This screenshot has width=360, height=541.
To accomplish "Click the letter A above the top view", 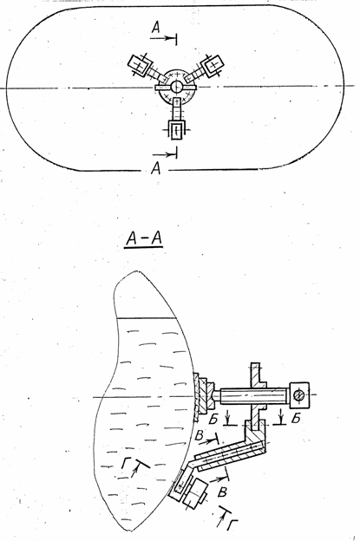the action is [156, 28].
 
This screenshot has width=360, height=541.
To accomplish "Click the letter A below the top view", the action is [156, 169].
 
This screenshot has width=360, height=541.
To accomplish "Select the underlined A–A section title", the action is [144, 238].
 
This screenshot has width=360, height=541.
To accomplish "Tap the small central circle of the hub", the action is [175, 86].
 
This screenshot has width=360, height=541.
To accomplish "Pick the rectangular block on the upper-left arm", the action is [140, 64].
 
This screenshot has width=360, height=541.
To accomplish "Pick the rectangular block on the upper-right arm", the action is [213, 63].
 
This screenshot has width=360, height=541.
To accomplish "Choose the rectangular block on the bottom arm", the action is [176, 130].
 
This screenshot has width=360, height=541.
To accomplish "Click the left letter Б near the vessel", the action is [214, 419].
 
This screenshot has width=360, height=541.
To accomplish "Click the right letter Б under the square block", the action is [296, 418].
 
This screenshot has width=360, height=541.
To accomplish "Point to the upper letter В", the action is [200, 435].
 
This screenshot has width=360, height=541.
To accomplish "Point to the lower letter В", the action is [223, 492].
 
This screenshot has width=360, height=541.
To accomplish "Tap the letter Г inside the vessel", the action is [127, 463].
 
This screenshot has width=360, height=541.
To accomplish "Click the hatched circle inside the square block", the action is [298, 394].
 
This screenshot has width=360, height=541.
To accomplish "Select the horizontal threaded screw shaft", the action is [252, 395].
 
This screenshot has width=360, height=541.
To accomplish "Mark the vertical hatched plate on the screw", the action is [255, 397].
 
